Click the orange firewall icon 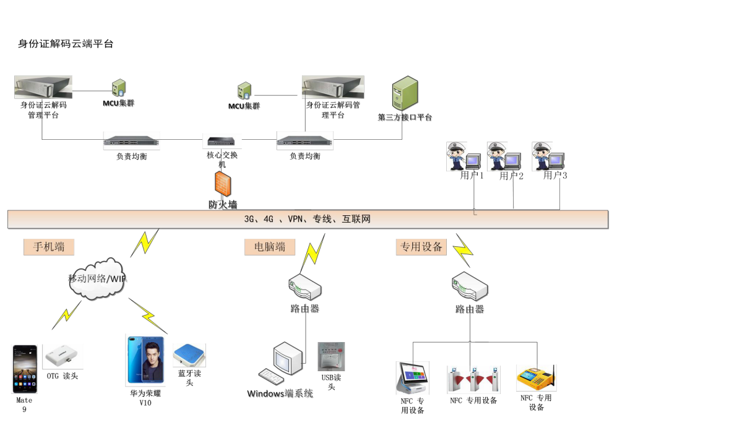pos(222,184)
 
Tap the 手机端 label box pos(49,247)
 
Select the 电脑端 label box pos(270,247)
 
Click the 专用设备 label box pos(421,247)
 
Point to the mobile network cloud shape pos(98,279)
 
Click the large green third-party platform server pos(405,93)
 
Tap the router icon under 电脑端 pos(305,287)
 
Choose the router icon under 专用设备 pos(470,286)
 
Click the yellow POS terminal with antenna pos(536,377)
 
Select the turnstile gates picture pos(473,379)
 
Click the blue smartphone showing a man pos(145,360)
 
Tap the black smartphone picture pos(24,369)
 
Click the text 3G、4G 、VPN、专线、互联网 pos(307,219)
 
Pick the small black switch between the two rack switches pos(222,141)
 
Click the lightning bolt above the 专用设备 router pos(462,250)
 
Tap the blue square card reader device pos(189,355)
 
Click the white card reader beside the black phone pos(63,356)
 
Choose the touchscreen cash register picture pos(412,377)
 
